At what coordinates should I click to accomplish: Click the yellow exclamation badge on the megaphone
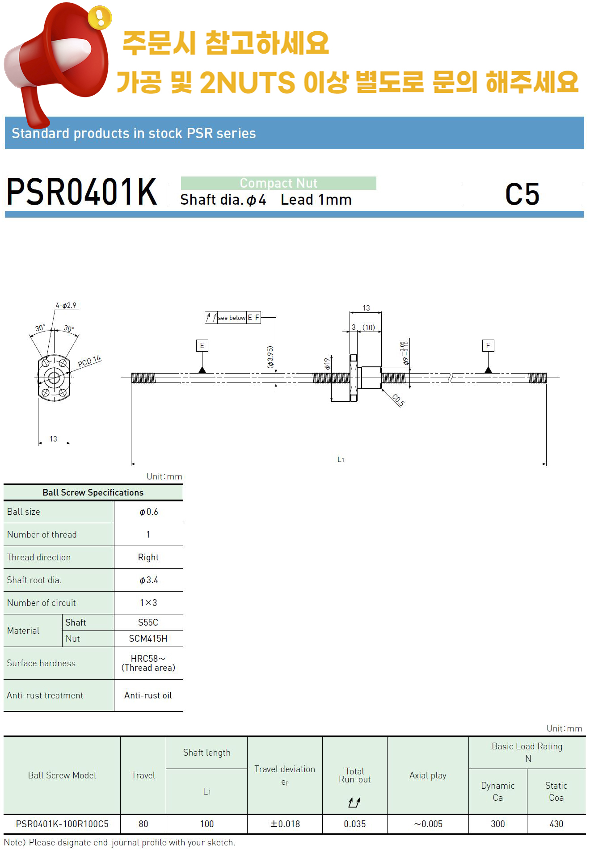(x=100, y=17)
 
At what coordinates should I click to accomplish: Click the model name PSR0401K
(x=82, y=193)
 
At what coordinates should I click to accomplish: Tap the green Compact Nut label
(x=278, y=183)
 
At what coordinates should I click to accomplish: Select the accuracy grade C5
(x=522, y=194)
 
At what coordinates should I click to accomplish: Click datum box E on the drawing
(x=202, y=345)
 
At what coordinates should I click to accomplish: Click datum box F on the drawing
(x=488, y=345)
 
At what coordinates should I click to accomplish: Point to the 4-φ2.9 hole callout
(x=66, y=306)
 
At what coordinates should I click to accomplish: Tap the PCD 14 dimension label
(x=89, y=361)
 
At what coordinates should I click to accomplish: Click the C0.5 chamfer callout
(x=398, y=400)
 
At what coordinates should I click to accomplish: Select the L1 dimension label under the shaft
(x=341, y=459)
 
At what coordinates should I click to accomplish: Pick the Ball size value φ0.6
(x=148, y=512)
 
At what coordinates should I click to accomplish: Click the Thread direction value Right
(x=148, y=557)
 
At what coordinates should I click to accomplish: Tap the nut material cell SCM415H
(x=148, y=639)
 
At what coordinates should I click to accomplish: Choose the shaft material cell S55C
(x=148, y=622)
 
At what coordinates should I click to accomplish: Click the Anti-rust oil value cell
(x=148, y=695)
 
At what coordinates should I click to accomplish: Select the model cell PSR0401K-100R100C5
(x=62, y=824)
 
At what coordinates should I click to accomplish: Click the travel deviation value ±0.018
(x=285, y=824)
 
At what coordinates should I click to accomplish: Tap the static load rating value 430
(x=556, y=824)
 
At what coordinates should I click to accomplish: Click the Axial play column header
(x=428, y=775)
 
